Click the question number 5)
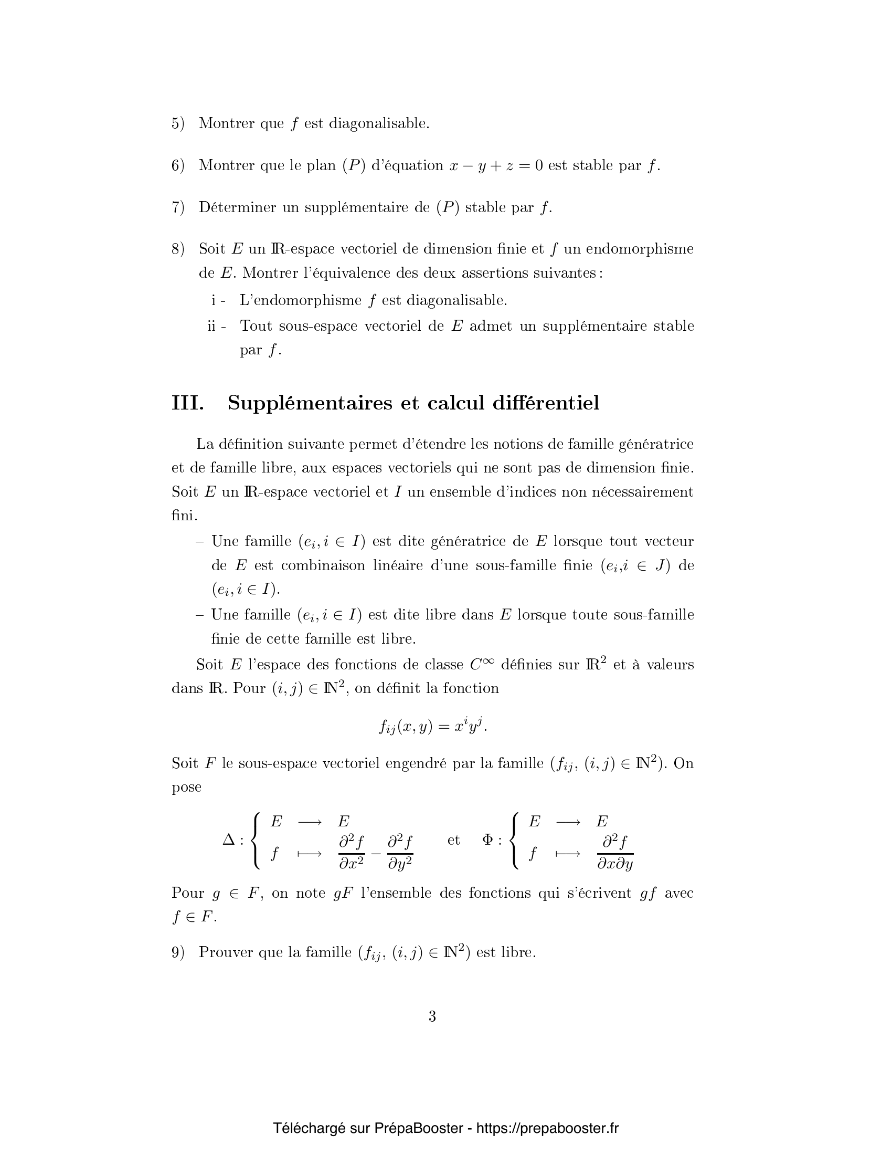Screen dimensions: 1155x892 pos(177,124)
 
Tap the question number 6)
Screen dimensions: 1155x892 pos(177,165)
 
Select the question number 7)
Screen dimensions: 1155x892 pos(177,207)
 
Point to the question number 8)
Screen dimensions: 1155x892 pos(177,249)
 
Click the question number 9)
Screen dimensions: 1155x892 pos(177,952)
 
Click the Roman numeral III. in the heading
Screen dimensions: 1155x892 pos(188,404)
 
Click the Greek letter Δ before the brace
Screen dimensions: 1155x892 pos(229,840)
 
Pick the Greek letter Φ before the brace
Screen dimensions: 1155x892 pos(488,840)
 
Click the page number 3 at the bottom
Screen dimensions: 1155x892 pos(432,1016)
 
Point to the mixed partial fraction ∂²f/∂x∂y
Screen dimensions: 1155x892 pos(614,852)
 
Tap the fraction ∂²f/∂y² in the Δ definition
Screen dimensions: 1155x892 pos(400,852)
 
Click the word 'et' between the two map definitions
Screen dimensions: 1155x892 pos(453,840)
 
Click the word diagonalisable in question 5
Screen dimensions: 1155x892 pos(379,124)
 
